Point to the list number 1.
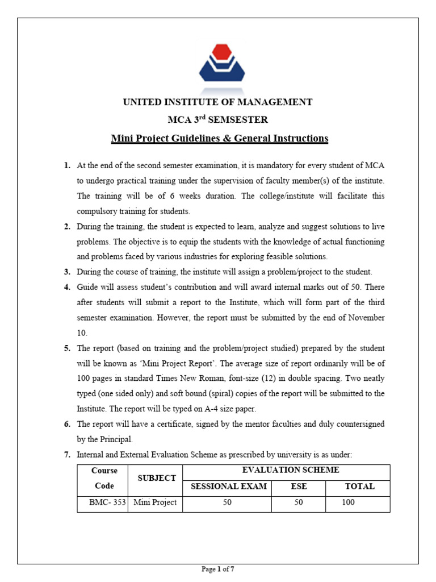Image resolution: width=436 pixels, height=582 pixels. (x=67, y=165)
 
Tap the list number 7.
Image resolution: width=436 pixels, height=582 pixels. (x=67, y=454)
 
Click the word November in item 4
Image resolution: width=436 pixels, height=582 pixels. (x=364, y=318)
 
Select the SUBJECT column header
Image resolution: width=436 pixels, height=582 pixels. (x=157, y=478)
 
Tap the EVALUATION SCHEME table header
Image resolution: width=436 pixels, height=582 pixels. (x=290, y=470)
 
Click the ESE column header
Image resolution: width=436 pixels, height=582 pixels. (x=299, y=487)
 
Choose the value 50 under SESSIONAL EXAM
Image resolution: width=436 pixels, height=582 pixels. (x=228, y=502)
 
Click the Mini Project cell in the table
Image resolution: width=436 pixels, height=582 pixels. (x=155, y=502)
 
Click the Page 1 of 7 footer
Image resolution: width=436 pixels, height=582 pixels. (x=218, y=569)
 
